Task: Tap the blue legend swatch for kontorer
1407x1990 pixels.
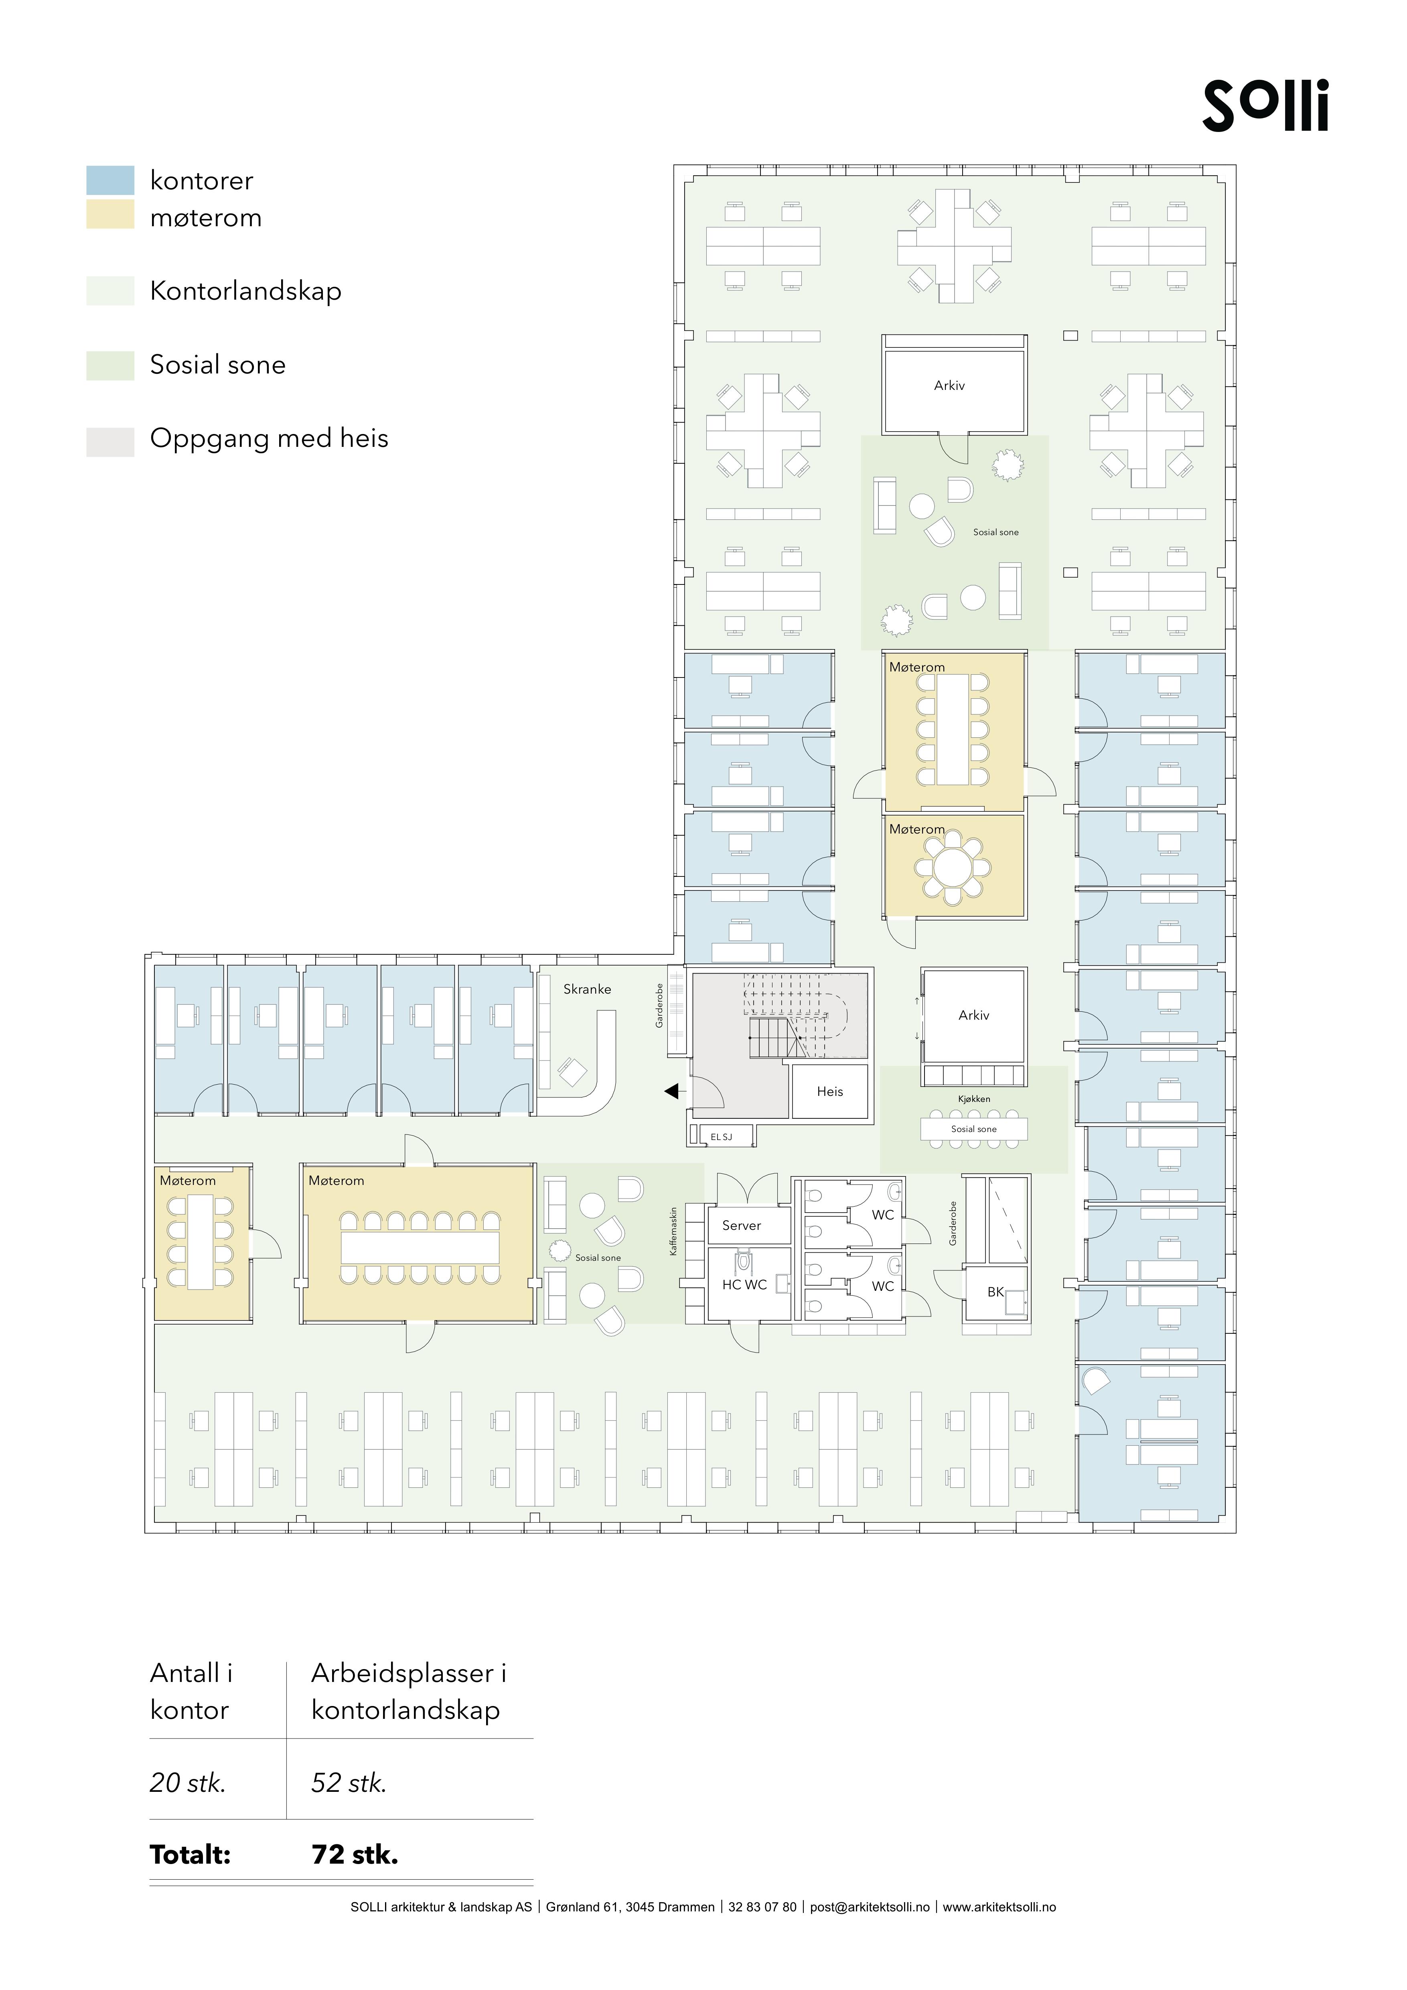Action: [x=110, y=180]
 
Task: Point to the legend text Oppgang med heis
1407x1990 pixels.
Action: [x=269, y=438]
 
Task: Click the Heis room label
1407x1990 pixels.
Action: [x=829, y=1092]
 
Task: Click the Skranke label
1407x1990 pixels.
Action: [x=586, y=989]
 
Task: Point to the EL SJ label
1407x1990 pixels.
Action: [x=721, y=1136]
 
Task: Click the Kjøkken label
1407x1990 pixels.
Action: [x=974, y=1099]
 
